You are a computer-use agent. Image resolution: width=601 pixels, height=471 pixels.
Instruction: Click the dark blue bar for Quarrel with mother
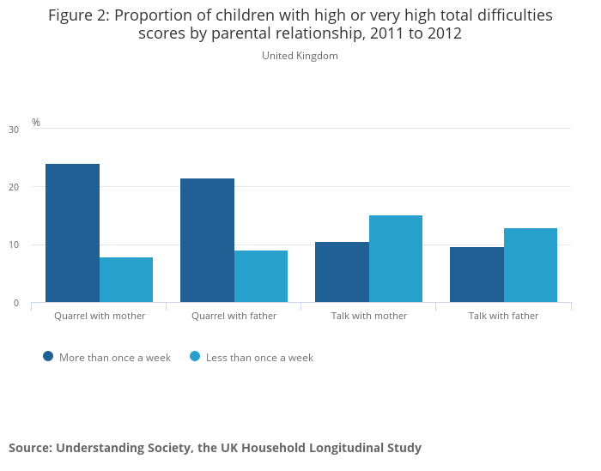pyautogui.click(x=72, y=232)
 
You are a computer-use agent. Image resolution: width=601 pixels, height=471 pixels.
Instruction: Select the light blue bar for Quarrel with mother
pyautogui.click(x=126, y=280)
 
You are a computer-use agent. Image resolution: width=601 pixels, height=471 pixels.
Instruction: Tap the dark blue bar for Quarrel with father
pyautogui.click(x=207, y=240)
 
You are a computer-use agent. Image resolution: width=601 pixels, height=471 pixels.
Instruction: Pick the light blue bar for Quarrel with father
pyautogui.click(x=261, y=276)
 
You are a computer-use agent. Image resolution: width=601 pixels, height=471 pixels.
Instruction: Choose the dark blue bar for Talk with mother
pyautogui.click(x=342, y=272)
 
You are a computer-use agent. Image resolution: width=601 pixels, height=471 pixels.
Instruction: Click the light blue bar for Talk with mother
pyautogui.click(x=396, y=258)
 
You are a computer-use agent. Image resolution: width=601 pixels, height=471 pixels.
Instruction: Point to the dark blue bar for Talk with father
pyautogui.click(x=477, y=275)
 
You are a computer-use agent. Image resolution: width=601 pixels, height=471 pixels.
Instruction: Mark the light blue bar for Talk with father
pyautogui.click(x=531, y=265)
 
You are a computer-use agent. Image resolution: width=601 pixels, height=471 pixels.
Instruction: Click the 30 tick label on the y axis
pyautogui.click(x=13, y=130)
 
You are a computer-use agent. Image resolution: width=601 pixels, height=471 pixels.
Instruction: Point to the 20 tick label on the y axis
pyautogui.click(x=13, y=187)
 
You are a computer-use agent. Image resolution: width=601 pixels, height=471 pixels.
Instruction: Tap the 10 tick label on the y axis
pyautogui.click(x=13, y=245)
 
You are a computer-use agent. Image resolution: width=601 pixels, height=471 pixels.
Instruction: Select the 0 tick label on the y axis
pyautogui.click(x=15, y=303)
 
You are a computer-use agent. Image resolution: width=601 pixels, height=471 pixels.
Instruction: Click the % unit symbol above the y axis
pyautogui.click(x=36, y=123)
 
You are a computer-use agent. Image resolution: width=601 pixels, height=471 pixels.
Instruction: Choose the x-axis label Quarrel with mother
pyautogui.click(x=100, y=316)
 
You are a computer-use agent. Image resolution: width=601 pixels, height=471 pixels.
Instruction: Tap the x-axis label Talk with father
pyautogui.click(x=503, y=316)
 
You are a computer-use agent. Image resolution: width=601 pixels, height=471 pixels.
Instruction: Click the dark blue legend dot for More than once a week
pyautogui.click(x=48, y=356)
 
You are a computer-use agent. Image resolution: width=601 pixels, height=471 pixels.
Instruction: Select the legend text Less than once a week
pyautogui.click(x=259, y=358)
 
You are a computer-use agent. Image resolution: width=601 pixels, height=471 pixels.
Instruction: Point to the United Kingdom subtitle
pyautogui.click(x=300, y=56)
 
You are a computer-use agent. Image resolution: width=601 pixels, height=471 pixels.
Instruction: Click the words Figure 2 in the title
pyautogui.click(x=82, y=15)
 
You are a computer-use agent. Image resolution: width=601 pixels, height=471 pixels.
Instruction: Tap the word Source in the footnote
pyautogui.click(x=29, y=448)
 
